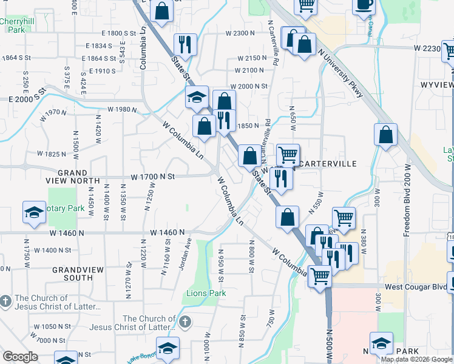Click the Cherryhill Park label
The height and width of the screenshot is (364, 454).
tap(16, 25)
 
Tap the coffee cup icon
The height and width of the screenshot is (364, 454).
tap(364, 5)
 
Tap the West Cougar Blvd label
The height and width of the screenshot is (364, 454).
tap(414, 286)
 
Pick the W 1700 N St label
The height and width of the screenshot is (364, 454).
tap(152, 177)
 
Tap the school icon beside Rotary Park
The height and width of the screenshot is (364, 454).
tap(34, 212)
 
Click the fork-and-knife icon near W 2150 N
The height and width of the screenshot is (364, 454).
tap(185, 44)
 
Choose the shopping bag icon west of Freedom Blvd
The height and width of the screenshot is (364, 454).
tap(385, 135)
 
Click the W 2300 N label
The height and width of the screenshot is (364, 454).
tap(240, 33)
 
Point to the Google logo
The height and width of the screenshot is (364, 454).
tap(19, 357)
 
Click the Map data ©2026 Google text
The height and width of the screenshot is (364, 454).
tap(416, 359)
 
